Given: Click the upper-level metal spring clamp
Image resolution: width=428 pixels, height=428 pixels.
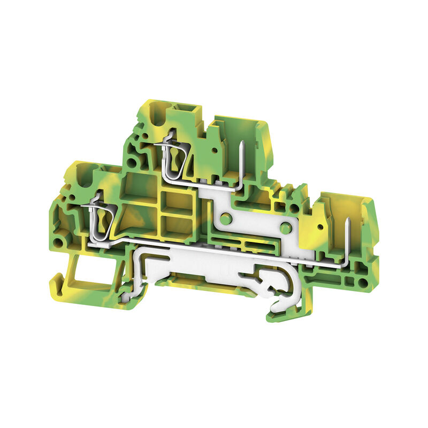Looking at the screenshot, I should [173, 158].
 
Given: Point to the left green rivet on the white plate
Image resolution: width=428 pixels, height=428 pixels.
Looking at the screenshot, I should [226, 218].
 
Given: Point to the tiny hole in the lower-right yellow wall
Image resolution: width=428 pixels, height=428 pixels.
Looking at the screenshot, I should [320, 227].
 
